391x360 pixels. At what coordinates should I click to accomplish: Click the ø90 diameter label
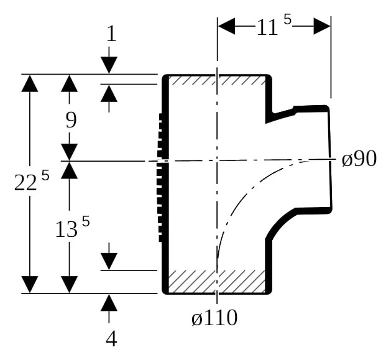359,159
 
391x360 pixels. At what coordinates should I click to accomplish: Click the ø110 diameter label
214,318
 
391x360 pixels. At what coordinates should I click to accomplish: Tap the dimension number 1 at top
111,34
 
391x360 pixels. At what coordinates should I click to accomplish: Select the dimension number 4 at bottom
111,339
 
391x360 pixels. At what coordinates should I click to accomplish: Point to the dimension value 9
71,120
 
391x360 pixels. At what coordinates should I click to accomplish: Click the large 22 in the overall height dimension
25,183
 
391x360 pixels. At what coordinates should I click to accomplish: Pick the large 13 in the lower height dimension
66,229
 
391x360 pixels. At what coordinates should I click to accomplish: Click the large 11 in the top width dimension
267,27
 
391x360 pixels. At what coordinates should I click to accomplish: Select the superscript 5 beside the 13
86,221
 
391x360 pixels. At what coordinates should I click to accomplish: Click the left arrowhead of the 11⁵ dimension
226,25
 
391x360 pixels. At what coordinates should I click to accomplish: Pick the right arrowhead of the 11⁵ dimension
322,25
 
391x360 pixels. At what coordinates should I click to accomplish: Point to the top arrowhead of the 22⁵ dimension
30,83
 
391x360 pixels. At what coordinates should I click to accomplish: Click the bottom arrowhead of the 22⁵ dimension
30,285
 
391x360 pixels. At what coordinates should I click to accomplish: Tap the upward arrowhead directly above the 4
109,302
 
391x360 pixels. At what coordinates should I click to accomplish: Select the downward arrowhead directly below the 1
109,65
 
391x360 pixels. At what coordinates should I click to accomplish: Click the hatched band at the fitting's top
217,80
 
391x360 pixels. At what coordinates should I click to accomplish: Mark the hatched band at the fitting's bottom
217,281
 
